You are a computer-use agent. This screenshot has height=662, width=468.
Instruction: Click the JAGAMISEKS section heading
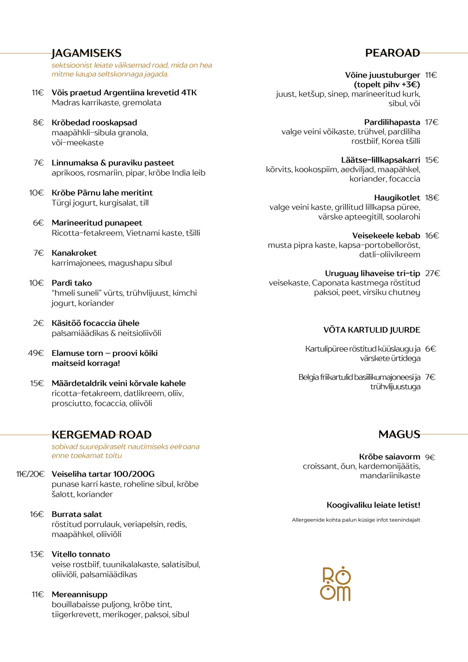[x=87, y=53]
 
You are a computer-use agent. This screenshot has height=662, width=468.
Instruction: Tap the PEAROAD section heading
[x=392, y=53]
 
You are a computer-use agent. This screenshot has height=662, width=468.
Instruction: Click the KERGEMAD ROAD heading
[x=102, y=434]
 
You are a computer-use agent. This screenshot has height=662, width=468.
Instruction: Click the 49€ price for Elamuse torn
[x=36, y=353]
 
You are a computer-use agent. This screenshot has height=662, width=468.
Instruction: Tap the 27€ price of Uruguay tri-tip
[x=432, y=273]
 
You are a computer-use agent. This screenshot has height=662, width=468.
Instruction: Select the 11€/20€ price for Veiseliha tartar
[x=30, y=474]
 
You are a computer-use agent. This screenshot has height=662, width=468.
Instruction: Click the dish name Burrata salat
[x=77, y=514]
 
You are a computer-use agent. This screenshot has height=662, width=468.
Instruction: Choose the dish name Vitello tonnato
[x=81, y=554]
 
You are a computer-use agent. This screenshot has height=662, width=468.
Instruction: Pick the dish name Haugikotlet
[x=397, y=198]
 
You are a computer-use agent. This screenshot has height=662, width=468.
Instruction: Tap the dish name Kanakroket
[x=74, y=253]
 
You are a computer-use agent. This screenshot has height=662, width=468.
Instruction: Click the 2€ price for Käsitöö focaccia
[x=38, y=323]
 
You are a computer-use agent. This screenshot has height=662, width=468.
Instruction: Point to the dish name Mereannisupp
[x=80, y=594]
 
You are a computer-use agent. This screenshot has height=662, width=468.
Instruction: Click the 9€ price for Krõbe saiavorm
[x=430, y=457]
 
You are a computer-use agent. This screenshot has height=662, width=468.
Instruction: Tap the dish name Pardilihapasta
[x=392, y=122]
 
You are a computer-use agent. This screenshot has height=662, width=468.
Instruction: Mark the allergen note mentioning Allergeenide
[x=356, y=520]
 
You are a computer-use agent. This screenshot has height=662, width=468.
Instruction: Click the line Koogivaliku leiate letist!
[x=373, y=505]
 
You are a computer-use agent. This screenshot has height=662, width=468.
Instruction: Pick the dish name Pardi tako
[x=72, y=283]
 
